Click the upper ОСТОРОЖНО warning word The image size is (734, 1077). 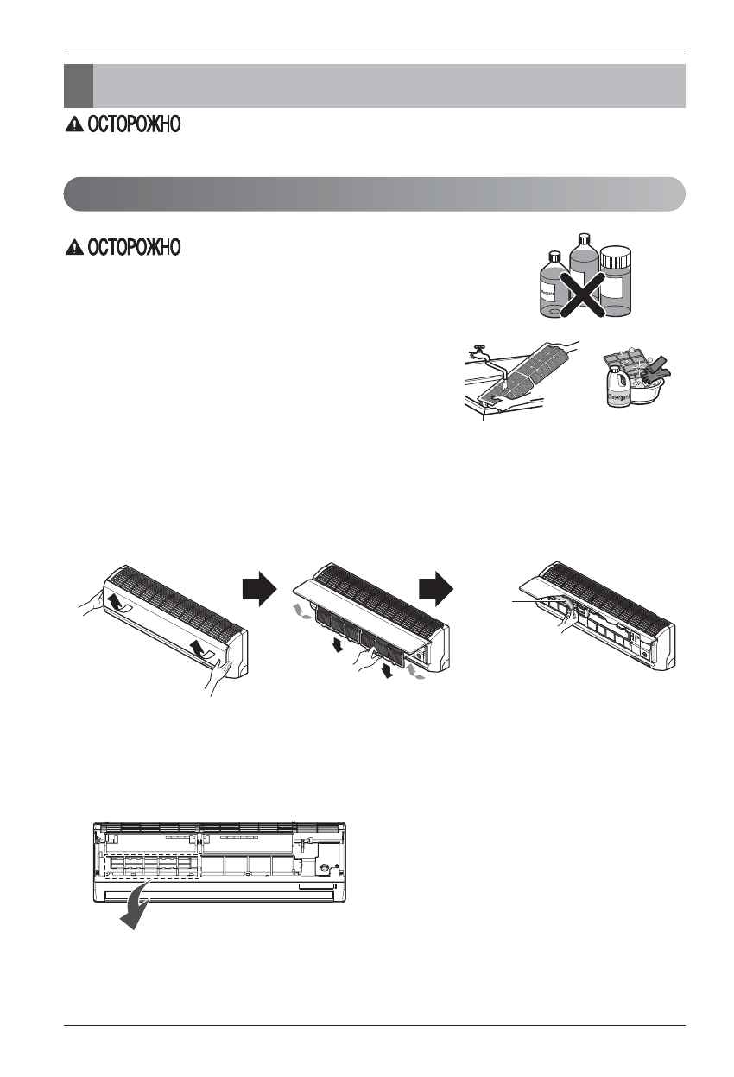click(131, 125)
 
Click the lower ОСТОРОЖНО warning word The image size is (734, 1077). click(131, 248)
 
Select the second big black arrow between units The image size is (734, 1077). click(434, 592)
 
